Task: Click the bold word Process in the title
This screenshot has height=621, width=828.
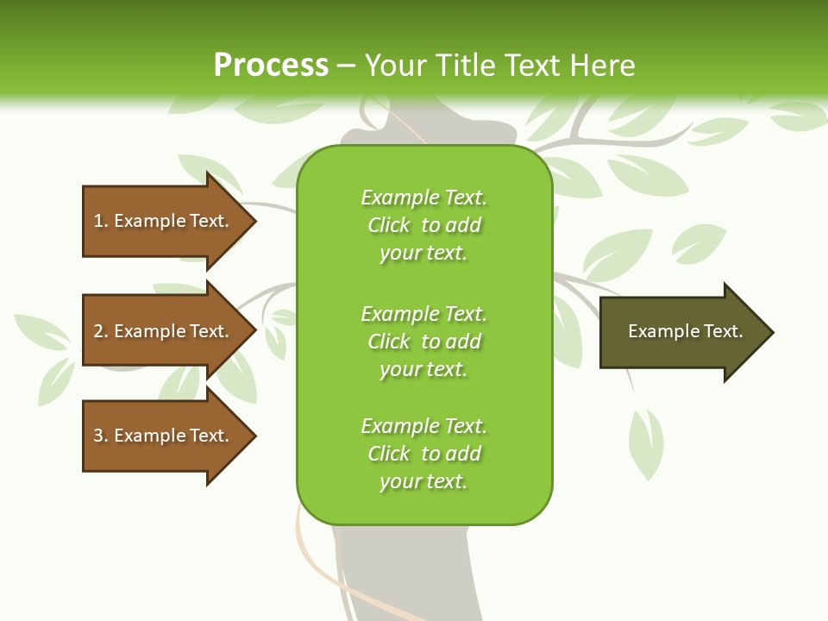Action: coord(271,66)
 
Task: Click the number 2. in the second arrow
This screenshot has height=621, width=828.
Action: coord(100,331)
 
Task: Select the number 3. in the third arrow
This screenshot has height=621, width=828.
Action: coord(100,436)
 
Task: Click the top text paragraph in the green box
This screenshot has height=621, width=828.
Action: coord(423,225)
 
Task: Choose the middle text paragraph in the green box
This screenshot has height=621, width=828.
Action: coord(423,341)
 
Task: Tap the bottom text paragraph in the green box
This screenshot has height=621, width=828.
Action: coord(423,454)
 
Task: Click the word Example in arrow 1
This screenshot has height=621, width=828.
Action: coord(149,221)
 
